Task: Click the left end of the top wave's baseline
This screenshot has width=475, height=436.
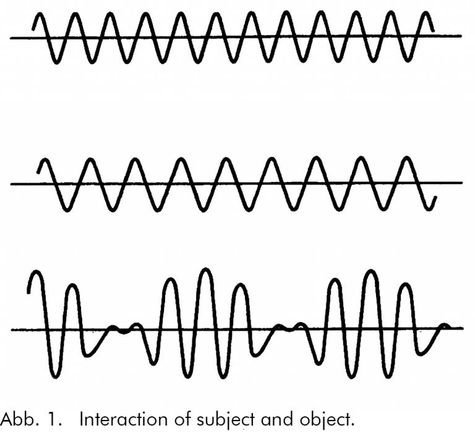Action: coord(11,37)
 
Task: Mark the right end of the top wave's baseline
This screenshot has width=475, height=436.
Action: coord(461,36)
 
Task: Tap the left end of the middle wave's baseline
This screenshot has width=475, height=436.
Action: coord(11,184)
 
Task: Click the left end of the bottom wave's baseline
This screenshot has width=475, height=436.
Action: coord(11,329)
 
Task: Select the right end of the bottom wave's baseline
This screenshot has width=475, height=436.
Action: coord(463,328)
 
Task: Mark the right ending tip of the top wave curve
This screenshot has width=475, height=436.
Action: coord(432,30)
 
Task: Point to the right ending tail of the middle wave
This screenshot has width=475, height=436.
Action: coord(437,198)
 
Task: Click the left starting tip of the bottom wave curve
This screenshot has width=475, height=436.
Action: coord(29,292)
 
